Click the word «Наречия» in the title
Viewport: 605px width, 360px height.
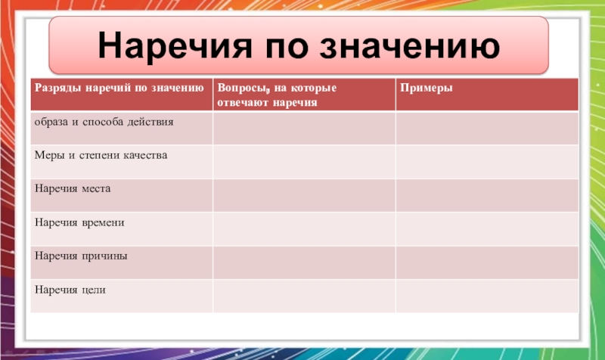tap(175, 45)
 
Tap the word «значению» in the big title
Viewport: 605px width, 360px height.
tap(410, 46)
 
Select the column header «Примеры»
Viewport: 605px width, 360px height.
tap(426, 88)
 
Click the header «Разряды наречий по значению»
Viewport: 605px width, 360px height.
tap(119, 88)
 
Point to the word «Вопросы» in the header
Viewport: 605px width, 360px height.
tap(242, 88)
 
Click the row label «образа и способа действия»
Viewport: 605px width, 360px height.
tap(104, 123)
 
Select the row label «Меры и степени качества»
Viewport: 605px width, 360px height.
tap(101, 155)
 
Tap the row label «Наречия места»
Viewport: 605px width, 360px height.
tap(73, 188)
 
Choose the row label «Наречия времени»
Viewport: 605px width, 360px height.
tap(79, 222)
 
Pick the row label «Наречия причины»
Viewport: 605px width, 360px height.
tap(81, 256)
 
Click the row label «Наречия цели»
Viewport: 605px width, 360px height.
tap(70, 290)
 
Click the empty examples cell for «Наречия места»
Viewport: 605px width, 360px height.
tap(487, 195)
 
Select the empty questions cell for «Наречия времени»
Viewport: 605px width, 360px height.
tap(304, 229)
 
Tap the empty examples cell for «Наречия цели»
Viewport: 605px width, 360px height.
tap(487, 296)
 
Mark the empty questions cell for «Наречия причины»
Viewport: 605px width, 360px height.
tap(304, 262)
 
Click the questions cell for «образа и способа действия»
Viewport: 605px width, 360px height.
tap(304, 128)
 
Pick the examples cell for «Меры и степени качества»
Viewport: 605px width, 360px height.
tap(487, 162)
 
